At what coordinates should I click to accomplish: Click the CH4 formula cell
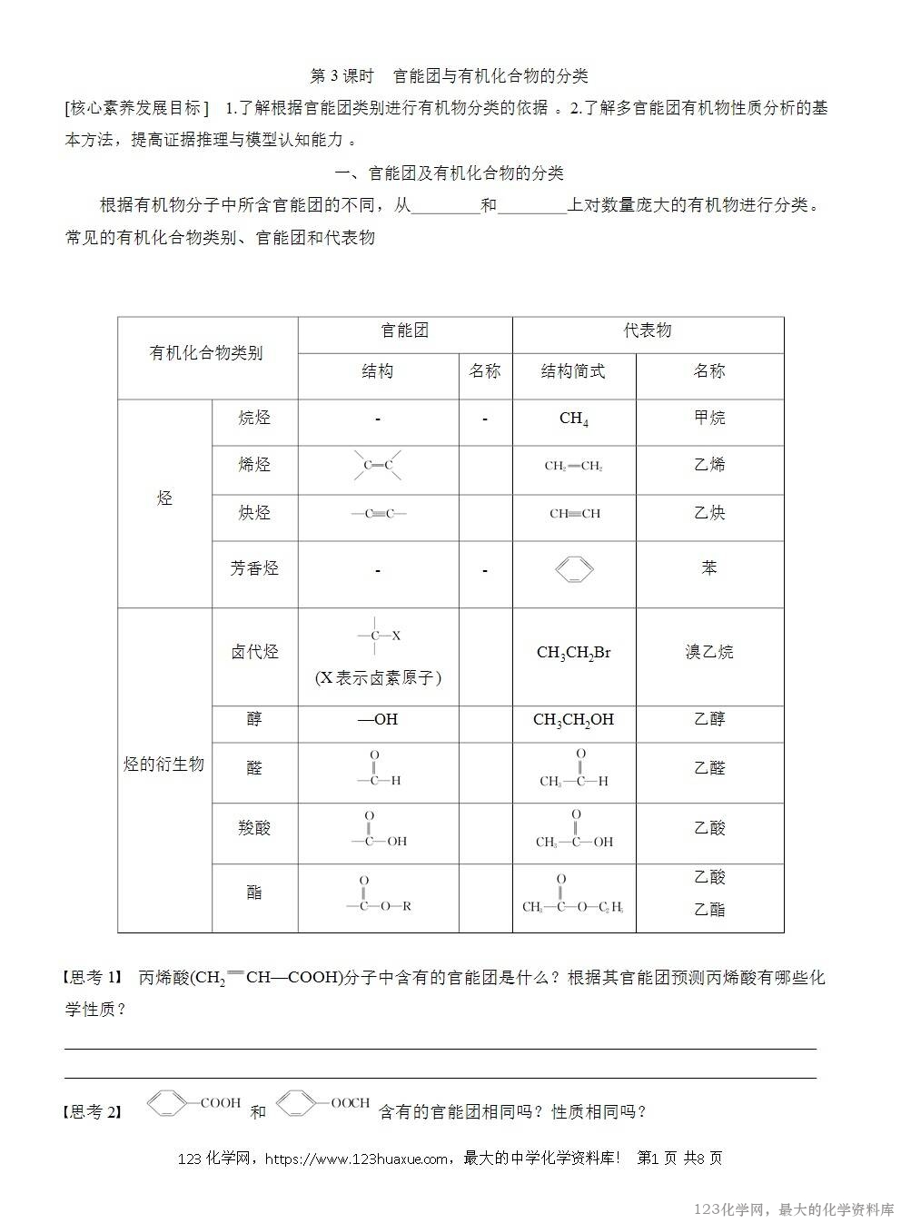pyautogui.click(x=574, y=419)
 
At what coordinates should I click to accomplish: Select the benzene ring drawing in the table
pyautogui.click(x=574, y=569)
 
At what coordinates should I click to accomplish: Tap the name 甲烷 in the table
pyautogui.click(x=709, y=418)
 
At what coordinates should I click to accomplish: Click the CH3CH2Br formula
pyautogui.click(x=574, y=652)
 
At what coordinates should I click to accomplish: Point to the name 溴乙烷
pyautogui.click(x=709, y=652)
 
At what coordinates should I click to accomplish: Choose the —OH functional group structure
pyautogui.click(x=377, y=719)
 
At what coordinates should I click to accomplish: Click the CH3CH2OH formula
pyautogui.click(x=574, y=719)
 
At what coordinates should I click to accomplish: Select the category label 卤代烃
pyautogui.click(x=254, y=652)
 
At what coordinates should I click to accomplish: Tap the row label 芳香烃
pyautogui.click(x=254, y=568)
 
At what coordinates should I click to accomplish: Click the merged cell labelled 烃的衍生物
pyautogui.click(x=163, y=764)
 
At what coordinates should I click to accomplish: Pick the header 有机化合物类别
pyautogui.click(x=206, y=353)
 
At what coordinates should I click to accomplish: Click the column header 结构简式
pyautogui.click(x=573, y=371)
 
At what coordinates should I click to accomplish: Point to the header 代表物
pyautogui.click(x=648, y=330)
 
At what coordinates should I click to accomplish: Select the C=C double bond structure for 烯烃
pyautogui.click(x=378, y=466)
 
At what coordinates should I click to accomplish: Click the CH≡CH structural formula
pyautogui.click(x=574, y=513)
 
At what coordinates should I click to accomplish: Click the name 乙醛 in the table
pyautogui.click(x=709, y=767)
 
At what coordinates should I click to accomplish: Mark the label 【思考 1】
pyautogui.click(x=92, y=978)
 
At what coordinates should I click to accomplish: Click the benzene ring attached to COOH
pyautogui.click(x=166, y=1104)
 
